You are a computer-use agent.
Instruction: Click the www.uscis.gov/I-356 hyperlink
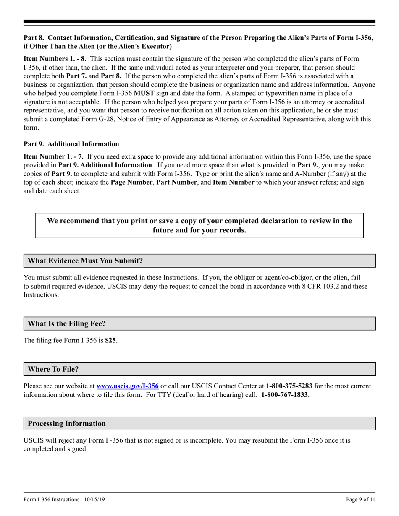point(128,386)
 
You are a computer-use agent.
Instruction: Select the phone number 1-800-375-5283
point(289,386)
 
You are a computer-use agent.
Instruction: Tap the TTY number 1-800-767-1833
point(284,395)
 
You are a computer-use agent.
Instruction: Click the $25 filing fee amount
point(111,341)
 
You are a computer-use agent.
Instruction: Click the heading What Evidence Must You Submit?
point(85,261)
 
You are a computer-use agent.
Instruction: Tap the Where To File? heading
point(53,370)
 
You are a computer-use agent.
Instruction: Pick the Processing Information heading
point(67,424)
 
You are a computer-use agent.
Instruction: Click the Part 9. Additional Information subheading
point(71,144)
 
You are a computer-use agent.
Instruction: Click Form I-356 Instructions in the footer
point(52,500)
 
